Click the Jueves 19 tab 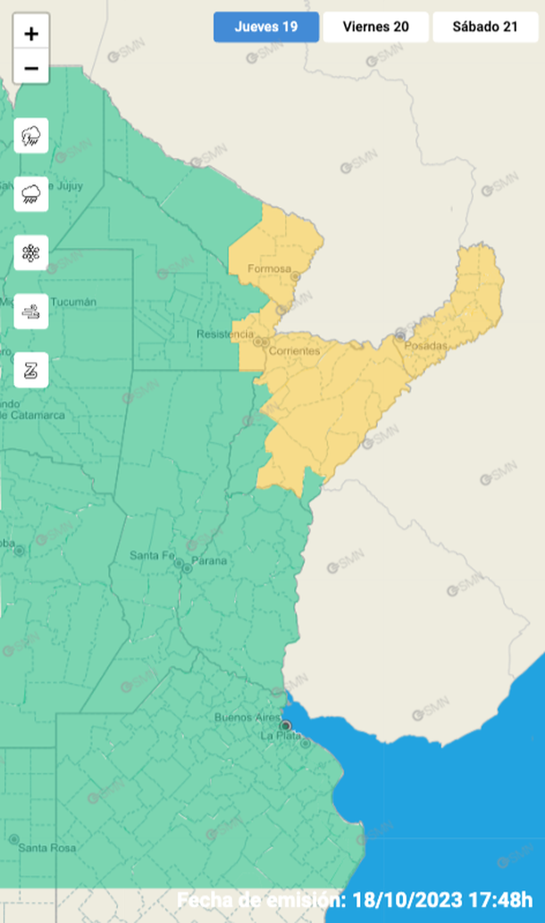[x=266, y=27]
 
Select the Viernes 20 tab [x=375, y=27]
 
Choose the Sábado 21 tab [x=485, y=27]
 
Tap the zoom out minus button [x=31, y=68]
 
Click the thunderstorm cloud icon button [x=31, y=137]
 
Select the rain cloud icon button [x=31, y=193]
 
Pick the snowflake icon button [x=31, y=253]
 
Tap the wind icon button [x=31, y=312]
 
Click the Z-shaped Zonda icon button [x=31, y=370]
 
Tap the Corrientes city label [x=293, y=351]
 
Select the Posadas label [x=425, y=345]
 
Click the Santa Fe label [x=151, y=555]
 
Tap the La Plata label [x=281, y=736]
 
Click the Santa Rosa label [x=47, y=847]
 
